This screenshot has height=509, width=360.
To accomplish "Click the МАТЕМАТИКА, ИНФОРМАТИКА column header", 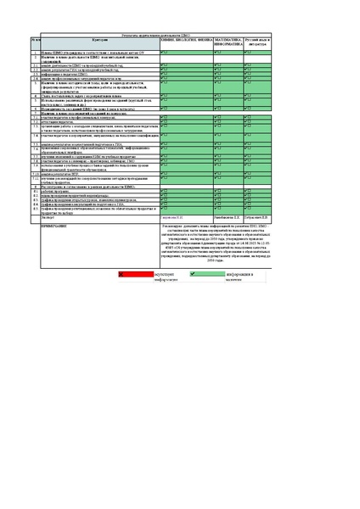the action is pyautogui.click(x=228, y=42).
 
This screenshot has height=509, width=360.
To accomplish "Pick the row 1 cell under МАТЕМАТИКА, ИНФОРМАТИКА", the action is pyautogui.click(x=228, y=53).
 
